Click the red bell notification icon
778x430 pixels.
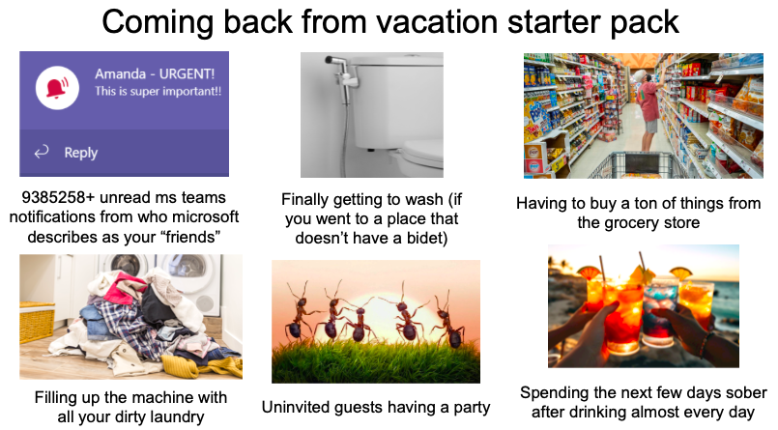[58, 88]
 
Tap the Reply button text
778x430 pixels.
[80, 153]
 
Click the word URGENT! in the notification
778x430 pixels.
[187, 73]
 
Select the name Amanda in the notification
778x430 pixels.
[120, 73]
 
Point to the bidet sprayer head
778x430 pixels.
[336, 61]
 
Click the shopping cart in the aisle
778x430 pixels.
[639, 165]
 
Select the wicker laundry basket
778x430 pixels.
[37, 322]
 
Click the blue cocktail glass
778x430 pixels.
[660, 311]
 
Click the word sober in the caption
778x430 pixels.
[746, 392]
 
